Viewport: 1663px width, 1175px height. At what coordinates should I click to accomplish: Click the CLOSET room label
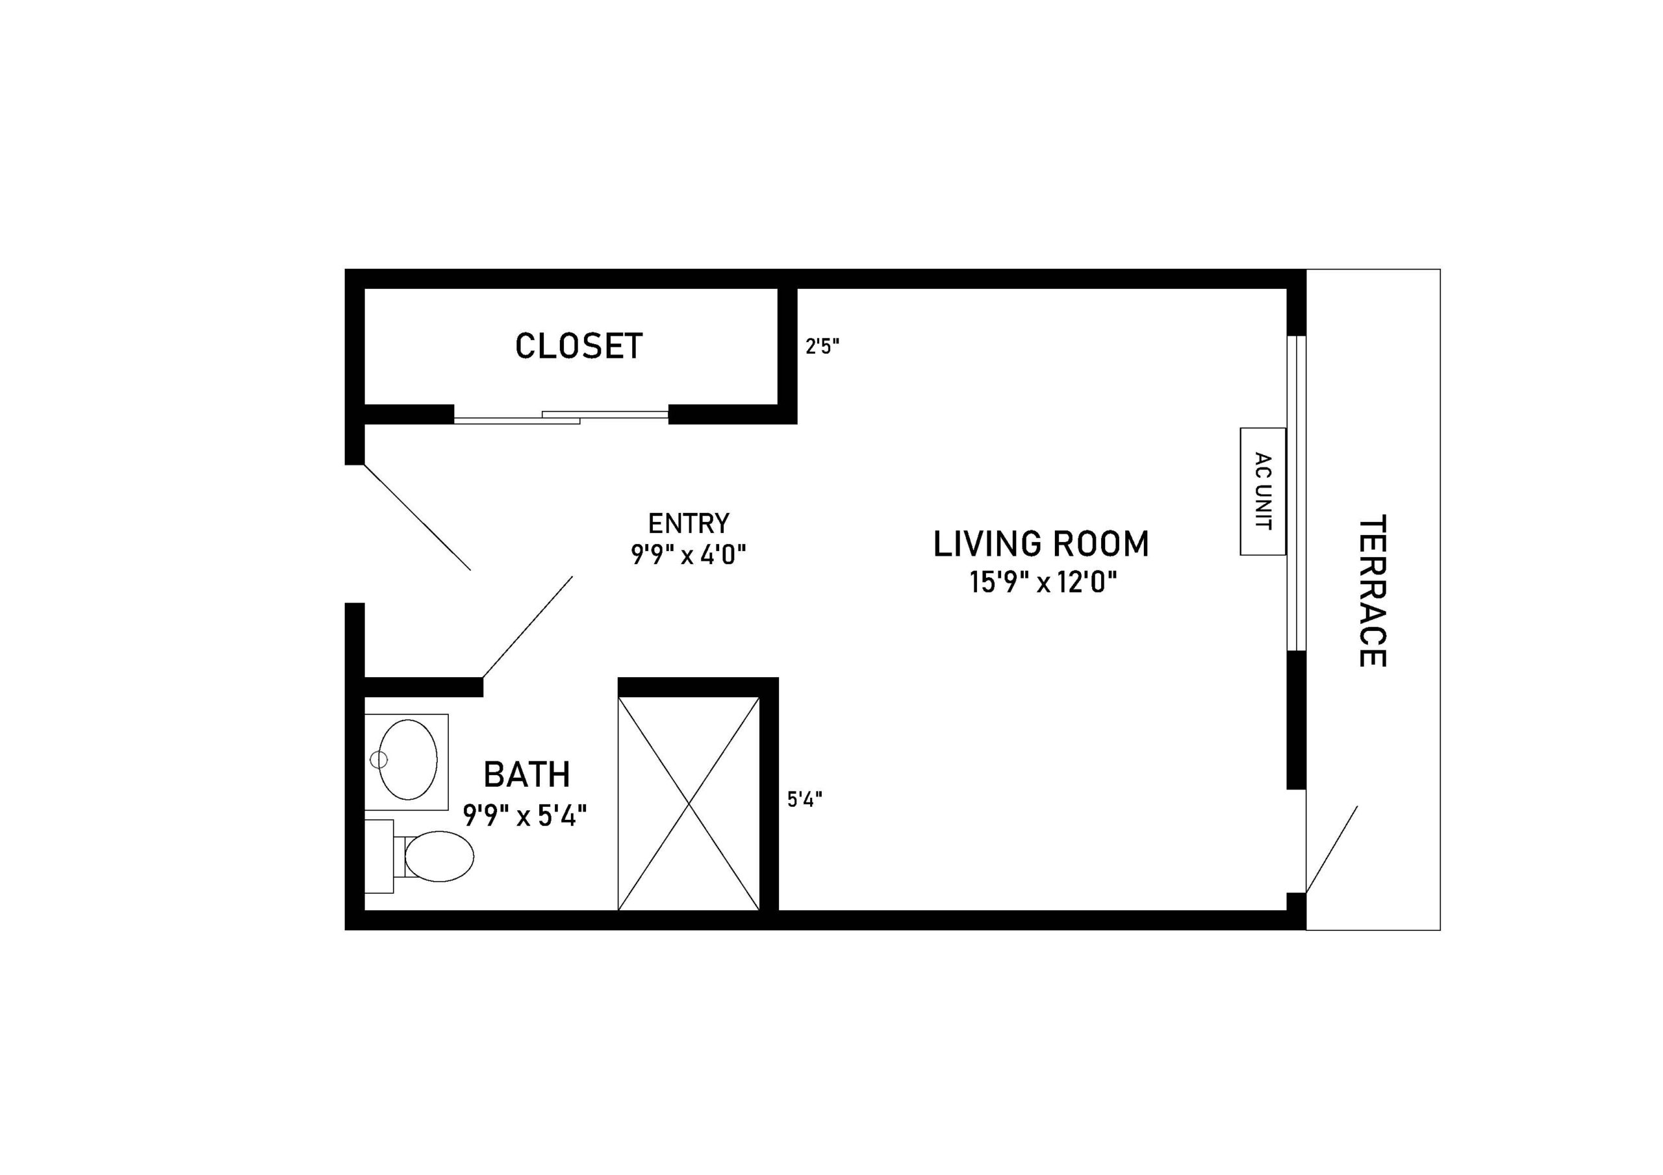click(x=579, y=346)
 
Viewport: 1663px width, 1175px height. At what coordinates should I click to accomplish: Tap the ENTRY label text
click(x=688, y=523)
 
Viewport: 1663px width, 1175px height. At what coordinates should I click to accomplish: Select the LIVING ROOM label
click(x=1041, y=545)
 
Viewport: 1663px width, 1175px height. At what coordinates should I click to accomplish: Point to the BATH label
click(x=527, y=774)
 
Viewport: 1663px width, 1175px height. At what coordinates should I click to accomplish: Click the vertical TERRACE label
click(x=1372, y=591)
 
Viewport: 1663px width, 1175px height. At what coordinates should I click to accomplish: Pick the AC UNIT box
click(x=1262, y=491)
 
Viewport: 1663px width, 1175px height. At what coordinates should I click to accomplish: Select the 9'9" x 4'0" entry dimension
click(x=688, y=555)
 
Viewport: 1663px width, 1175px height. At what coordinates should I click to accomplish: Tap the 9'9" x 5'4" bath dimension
click(x=525, y=816)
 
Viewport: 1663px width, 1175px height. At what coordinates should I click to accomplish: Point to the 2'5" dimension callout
click(x=822, y=347)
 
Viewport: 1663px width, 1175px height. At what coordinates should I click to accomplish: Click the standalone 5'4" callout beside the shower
click(x=805, y=800)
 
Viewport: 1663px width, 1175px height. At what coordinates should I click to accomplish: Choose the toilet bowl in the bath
click(x=439, y=856)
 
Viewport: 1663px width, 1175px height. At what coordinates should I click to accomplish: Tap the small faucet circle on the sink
click(x=379, y=760)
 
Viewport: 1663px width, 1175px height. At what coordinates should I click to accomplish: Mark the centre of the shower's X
click(x=689, y=804)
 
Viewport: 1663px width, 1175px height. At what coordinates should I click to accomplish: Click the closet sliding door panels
click(x=561, y=417)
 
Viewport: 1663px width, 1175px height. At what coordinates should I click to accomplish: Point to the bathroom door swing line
click(x=527, y=627)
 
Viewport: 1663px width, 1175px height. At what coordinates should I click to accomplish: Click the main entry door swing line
click(x=417, y=517)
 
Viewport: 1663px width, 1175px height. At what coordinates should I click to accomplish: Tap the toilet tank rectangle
click(x=378, y=856)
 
